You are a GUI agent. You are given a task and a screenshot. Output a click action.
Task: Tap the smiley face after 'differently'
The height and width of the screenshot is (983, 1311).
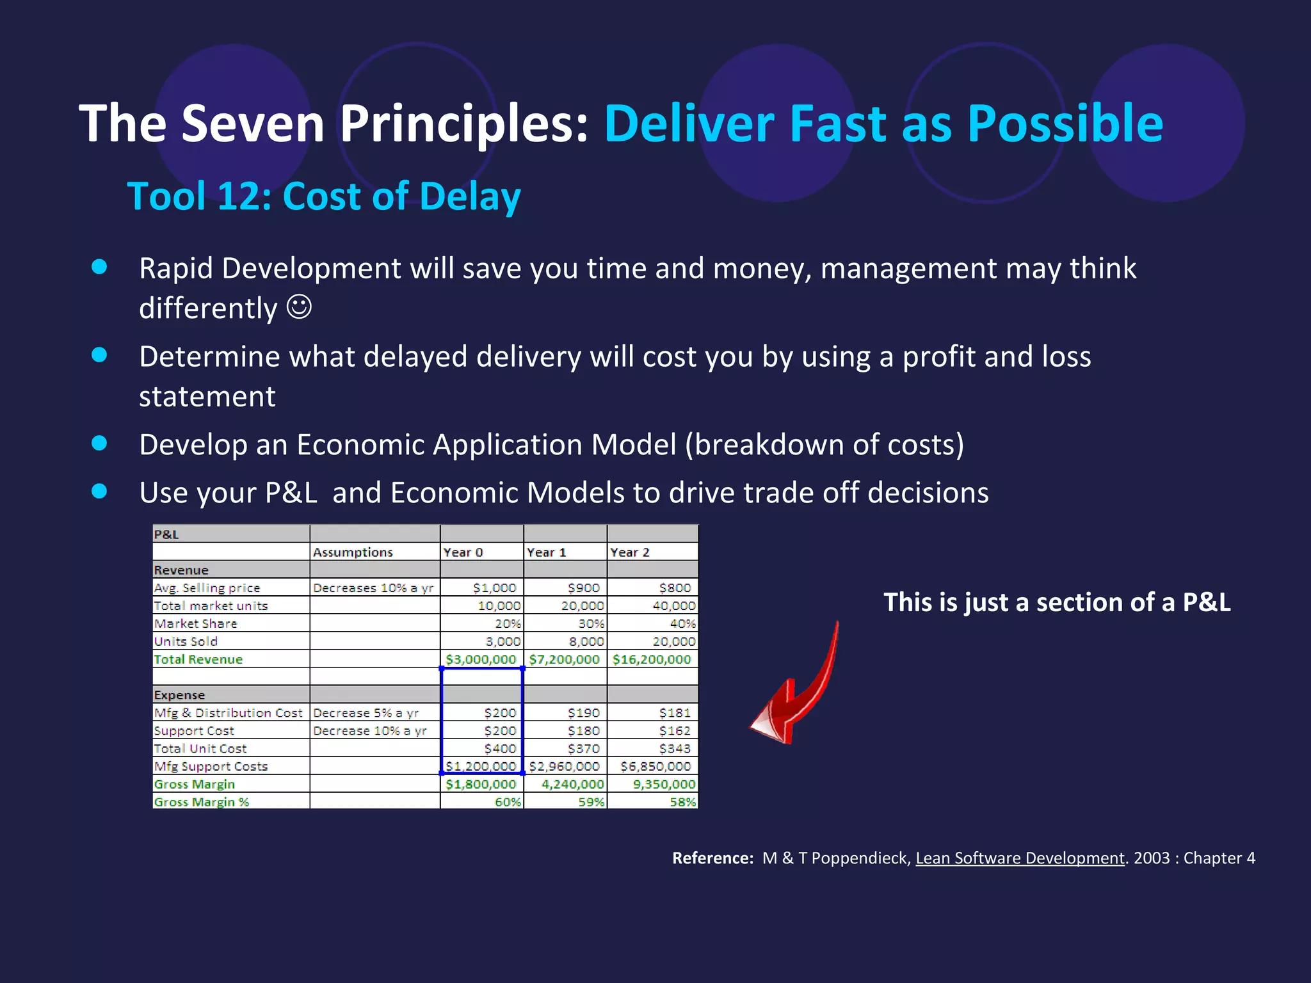coord(299,307)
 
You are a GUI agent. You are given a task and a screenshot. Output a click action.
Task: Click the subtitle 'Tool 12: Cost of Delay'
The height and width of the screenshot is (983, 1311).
coord(324,196)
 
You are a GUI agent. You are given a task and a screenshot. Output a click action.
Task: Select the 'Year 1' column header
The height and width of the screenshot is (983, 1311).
coord(546,552)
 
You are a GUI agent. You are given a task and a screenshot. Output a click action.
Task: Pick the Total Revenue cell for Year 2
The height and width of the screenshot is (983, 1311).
coord(652,659)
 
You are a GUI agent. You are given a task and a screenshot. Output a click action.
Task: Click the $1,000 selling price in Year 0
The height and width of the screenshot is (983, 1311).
coord(494,587)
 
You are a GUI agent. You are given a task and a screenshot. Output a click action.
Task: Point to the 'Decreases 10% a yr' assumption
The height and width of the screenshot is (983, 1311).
coord(373,587)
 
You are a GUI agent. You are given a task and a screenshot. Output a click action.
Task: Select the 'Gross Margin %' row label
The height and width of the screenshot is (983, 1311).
coord(201,802)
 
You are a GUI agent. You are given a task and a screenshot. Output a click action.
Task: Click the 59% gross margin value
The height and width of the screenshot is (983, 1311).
coord(591,802)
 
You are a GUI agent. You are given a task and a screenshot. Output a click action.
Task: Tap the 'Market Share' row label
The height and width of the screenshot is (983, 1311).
coord(195,623)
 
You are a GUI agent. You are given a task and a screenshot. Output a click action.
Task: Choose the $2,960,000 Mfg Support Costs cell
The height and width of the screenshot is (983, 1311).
coord(564,766)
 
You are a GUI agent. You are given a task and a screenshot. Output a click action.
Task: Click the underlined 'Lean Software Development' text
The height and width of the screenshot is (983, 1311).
coord(1020,858)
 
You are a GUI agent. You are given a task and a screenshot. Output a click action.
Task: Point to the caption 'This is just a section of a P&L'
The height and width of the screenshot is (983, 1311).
coord(1057,602)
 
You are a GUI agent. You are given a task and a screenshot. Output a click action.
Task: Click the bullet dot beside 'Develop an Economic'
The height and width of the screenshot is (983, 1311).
coord(99,443)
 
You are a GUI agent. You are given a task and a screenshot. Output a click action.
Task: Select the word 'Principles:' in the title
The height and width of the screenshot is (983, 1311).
coord(463,123)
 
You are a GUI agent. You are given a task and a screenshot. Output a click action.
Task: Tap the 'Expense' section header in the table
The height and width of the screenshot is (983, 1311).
coord(179,695)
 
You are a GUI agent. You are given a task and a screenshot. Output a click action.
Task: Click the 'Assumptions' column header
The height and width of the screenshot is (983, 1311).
coord(353,552)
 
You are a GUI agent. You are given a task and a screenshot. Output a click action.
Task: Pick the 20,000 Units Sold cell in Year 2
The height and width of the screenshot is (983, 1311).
coord(673,641)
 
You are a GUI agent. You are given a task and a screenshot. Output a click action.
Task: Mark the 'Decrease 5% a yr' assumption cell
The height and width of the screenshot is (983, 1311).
coord(366,713)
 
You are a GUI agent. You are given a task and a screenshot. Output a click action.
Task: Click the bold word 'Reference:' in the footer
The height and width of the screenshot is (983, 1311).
coord(712,858)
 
